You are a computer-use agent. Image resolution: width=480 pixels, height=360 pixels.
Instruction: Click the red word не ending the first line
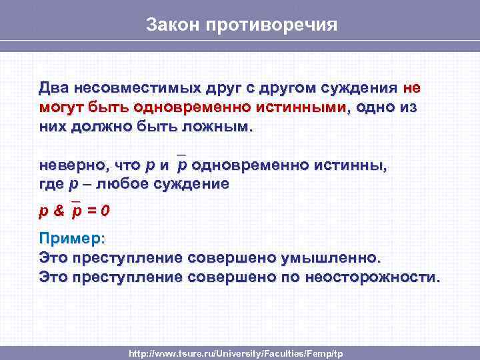411,88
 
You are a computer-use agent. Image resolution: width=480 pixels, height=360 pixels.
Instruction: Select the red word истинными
303,107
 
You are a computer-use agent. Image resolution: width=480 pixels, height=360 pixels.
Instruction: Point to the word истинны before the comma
353,165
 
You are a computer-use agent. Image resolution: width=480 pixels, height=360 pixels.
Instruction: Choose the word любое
123,183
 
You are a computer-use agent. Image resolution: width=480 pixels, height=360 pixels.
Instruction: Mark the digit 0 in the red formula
105,211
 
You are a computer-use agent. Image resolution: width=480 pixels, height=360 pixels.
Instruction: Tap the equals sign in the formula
91,211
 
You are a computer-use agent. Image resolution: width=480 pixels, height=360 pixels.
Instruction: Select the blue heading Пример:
72,239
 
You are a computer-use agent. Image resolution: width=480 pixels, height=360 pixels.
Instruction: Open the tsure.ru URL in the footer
236,352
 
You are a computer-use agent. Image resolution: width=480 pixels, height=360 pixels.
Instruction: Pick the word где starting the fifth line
52,183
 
